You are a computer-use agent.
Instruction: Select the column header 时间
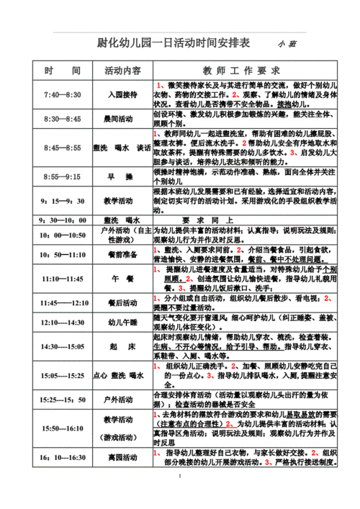coord(62,71)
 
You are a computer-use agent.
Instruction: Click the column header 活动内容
coord(122,71)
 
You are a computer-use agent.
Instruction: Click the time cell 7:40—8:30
coord(62,94)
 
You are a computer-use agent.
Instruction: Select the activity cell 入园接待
coord(122,94)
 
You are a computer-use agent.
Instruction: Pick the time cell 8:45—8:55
coord(62,147)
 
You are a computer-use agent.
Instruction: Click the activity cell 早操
coord(122,176)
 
